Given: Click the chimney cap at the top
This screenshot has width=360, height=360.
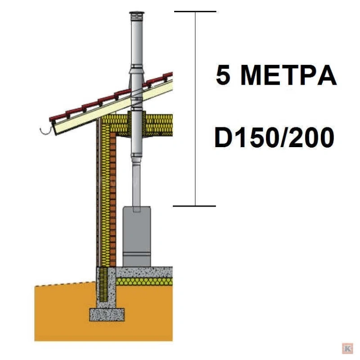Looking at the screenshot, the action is point(137,16).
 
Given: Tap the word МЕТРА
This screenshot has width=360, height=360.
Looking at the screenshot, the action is point(288,75).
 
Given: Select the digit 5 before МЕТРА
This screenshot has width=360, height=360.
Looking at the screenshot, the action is point(223,75).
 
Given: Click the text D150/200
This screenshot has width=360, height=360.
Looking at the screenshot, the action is point(274,138).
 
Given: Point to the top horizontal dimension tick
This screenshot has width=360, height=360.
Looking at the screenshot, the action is point(195,11).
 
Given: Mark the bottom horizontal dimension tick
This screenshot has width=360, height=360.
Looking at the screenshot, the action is point(194,206).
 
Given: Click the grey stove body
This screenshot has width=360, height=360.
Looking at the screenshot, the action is point(137,237).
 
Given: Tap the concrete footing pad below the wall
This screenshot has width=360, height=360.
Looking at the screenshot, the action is point(107,315).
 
